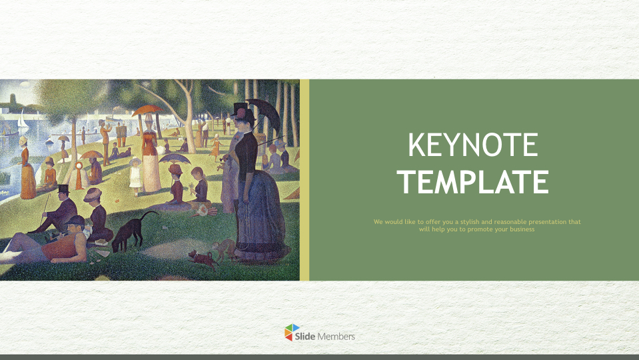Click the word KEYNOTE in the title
click(472, 145)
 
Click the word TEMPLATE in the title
click(472, 182)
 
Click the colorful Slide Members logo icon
click(292, 333)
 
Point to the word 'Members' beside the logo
click(336, 337)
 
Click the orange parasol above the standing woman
click(147, 110)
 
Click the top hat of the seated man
click(63, 189)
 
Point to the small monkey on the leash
click(224, 248)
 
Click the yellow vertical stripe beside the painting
click(305, 180)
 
